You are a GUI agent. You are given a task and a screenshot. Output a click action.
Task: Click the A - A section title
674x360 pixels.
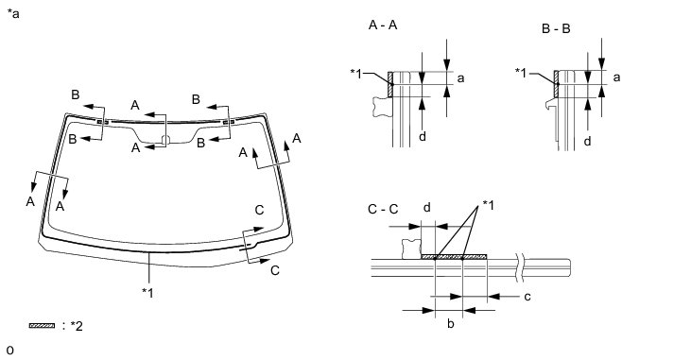[x=383, y=26]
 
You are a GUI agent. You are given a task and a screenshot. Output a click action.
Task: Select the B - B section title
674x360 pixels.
[x=556, y=28]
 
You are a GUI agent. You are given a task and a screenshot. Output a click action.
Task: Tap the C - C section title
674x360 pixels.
[x=383, y=209]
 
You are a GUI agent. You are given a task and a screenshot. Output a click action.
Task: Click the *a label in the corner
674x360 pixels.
[x=13, y=14]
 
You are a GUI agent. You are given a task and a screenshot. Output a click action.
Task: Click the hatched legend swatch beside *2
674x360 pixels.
[x=43, y=326]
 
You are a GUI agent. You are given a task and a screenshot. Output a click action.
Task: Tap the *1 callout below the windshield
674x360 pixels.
[x=147, y=293]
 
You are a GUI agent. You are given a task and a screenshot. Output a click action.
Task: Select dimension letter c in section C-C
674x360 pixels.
[x=527, y=297]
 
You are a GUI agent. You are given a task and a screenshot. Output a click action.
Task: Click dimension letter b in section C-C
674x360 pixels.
[x=451, y=323]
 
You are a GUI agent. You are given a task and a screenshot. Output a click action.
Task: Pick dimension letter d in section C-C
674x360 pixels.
[x=427, y=208]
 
